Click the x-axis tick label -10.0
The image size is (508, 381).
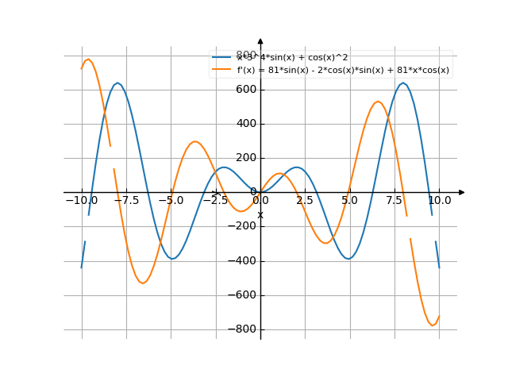(81, 201)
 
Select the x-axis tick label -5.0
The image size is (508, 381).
(170, 201)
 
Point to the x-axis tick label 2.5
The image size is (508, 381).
(305, 201)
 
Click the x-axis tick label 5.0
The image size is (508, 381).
(349, 201)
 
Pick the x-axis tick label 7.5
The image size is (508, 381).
(394, 201)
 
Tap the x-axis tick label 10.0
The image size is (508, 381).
(439, 201)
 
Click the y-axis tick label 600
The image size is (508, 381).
(244, 90)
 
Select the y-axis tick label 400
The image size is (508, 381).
(244, 124)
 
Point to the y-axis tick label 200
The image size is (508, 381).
(244, 158)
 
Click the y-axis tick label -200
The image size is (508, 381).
(242, 227)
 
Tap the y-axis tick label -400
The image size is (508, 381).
(242, 261)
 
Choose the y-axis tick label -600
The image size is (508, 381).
(242, 295)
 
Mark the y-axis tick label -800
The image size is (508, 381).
(242, 329)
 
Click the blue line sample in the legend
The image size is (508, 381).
(221, 58)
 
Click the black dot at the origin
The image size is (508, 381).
(254, 191)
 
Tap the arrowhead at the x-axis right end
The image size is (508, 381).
(462, 192)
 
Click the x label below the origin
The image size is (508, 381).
(260, 215)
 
